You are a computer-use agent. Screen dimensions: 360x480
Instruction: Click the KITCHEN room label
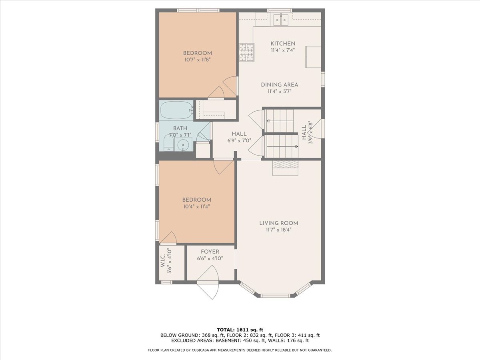point(283,44)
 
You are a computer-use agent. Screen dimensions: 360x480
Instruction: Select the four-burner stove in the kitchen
point(247,52)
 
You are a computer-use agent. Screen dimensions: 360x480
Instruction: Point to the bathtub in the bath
point(176,110)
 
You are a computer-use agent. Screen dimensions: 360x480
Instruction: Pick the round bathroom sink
point(184,145)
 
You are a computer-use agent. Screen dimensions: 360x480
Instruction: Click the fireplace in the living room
point(285,168)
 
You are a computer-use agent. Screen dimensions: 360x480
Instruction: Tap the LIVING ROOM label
point(278,223)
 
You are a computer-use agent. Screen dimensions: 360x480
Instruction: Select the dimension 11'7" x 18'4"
point(278,230)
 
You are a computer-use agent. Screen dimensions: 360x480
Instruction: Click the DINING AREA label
point(279,85)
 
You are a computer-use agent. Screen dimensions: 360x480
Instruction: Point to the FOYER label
point(210,252)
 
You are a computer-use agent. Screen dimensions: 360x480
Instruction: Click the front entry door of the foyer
point(208,285)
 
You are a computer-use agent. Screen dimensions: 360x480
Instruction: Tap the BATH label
point(180,128)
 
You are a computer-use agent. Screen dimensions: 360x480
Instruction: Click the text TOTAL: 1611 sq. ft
point(240,330)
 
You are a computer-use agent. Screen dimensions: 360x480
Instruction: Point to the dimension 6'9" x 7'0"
point(239,140)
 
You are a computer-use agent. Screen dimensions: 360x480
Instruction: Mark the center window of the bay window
point(275,296)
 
